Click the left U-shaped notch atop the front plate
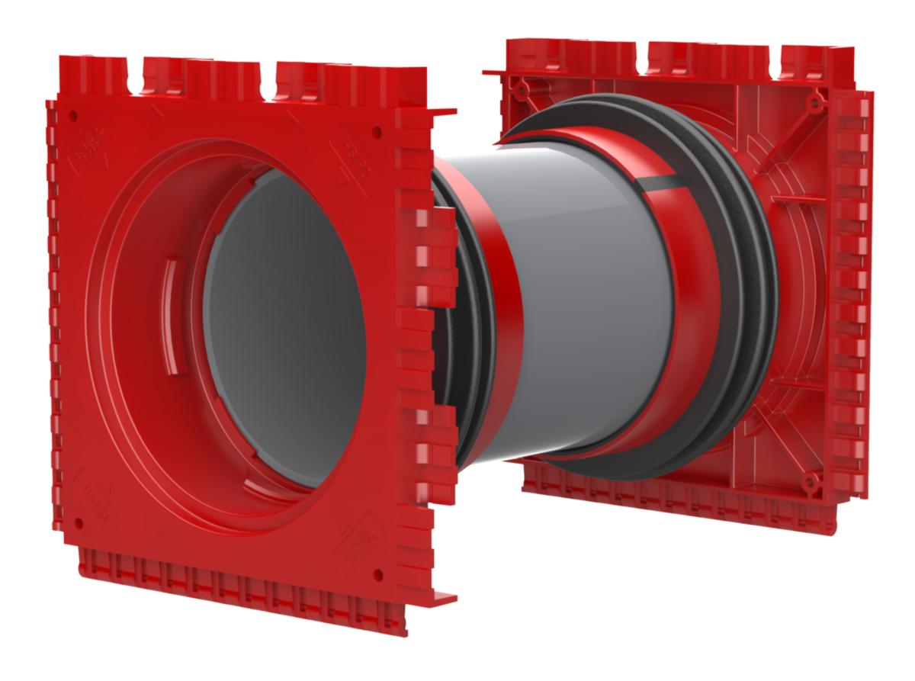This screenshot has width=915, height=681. [138, 83]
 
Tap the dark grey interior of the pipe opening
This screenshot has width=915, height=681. [282, 320]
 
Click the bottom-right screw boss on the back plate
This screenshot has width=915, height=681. [811, 480]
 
